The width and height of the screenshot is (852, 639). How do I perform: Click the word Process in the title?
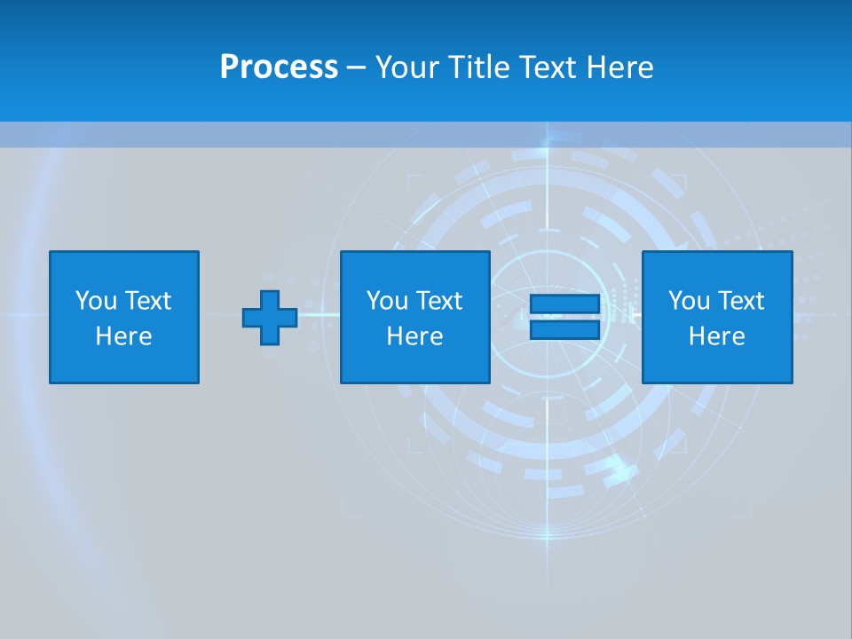(279, 67)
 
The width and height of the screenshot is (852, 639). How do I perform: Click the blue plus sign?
(270, 318)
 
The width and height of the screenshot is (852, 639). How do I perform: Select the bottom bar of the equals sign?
(564, 329)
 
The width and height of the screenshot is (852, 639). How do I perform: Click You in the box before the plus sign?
(96, 301)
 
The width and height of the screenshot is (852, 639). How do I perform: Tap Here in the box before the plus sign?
(124, 336)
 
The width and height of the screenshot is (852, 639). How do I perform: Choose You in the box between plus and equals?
(387, 301)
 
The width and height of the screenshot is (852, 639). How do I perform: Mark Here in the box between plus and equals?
(415, 336)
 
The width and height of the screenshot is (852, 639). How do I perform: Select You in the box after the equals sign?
(689, 301)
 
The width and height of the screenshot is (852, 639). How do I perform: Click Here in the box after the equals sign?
(717, 336)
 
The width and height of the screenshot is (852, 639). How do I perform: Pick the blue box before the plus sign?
(124, 364)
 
